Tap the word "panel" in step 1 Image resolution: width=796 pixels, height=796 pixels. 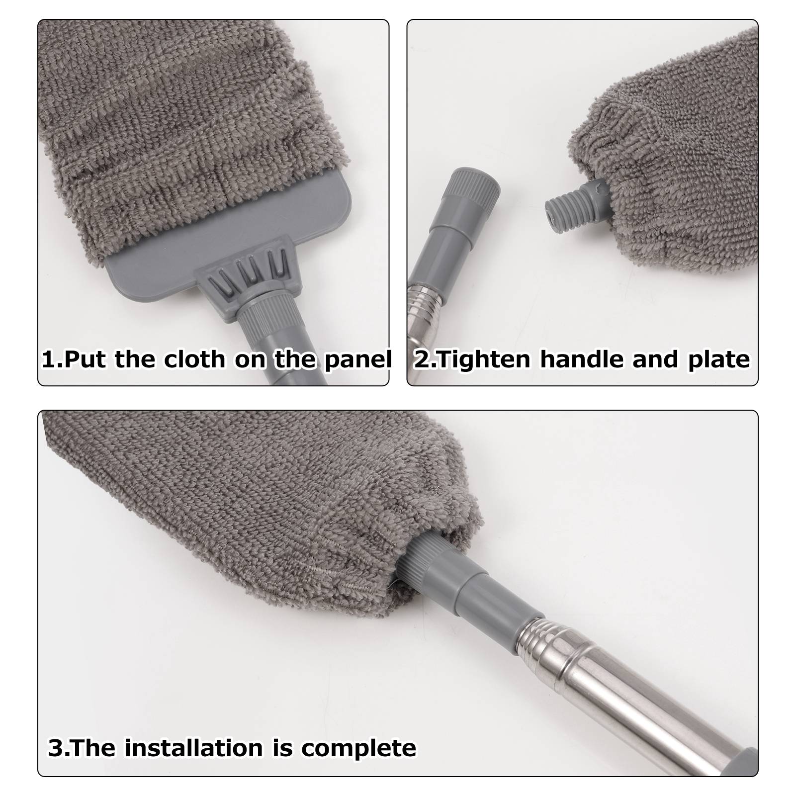click(x=358, y=360)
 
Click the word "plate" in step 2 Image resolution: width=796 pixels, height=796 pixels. click(x=718, y=360)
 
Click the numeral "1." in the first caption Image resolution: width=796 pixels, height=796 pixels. click(x=52, y=359)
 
